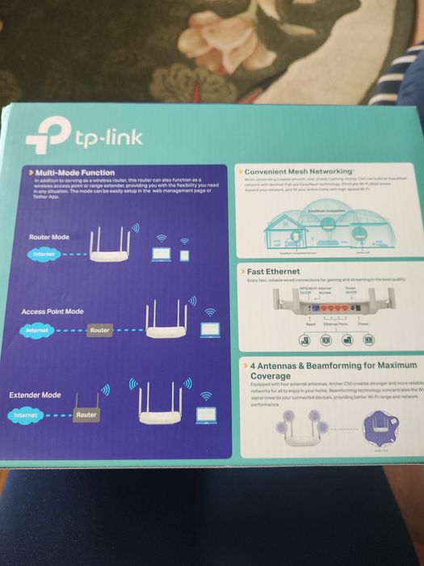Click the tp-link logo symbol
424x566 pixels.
tap(48, 138)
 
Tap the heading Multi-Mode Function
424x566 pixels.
tap(75, 172)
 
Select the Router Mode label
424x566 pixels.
tap(49, 237)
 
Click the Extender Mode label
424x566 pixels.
tap(35, 395)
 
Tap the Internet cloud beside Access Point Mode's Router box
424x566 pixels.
tap(37, 330)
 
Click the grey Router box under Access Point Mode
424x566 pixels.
tap(99, 330)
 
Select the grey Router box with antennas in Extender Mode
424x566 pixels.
tap(86, 413)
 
